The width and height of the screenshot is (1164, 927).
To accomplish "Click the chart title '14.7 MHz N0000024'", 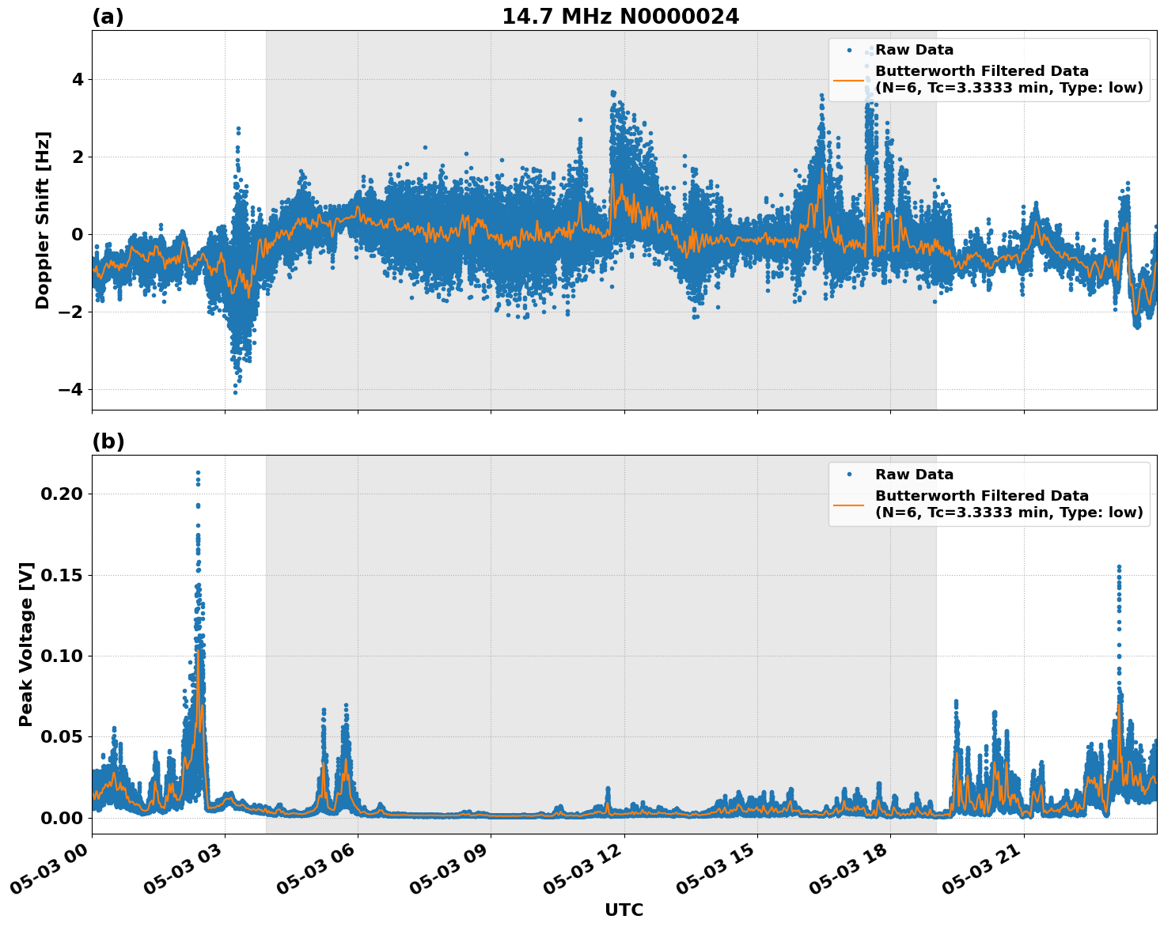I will (620, 17).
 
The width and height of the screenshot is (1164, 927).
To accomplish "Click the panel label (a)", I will (108, 17).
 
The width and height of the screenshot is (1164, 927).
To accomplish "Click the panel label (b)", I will (108, 441).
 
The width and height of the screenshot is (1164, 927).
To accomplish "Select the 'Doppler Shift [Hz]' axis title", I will (43, 220).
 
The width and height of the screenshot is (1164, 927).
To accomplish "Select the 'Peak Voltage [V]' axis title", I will (26, 644).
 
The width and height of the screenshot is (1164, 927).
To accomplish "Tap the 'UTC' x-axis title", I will (624, 910).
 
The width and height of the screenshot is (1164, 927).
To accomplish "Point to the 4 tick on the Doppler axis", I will (77, 79).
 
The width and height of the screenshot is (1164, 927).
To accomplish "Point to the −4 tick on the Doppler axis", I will (70, 389).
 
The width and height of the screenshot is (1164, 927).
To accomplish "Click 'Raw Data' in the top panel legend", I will (914, 51).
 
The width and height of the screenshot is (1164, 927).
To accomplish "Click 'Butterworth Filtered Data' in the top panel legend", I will (981, 71).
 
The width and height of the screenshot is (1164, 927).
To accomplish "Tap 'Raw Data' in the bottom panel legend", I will (914, 475).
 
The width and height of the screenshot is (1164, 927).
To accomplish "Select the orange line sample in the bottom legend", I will (849, 504).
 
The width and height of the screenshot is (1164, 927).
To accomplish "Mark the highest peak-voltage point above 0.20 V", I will (198, 472).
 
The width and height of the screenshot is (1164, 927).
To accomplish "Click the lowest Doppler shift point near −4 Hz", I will (235, 392).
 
